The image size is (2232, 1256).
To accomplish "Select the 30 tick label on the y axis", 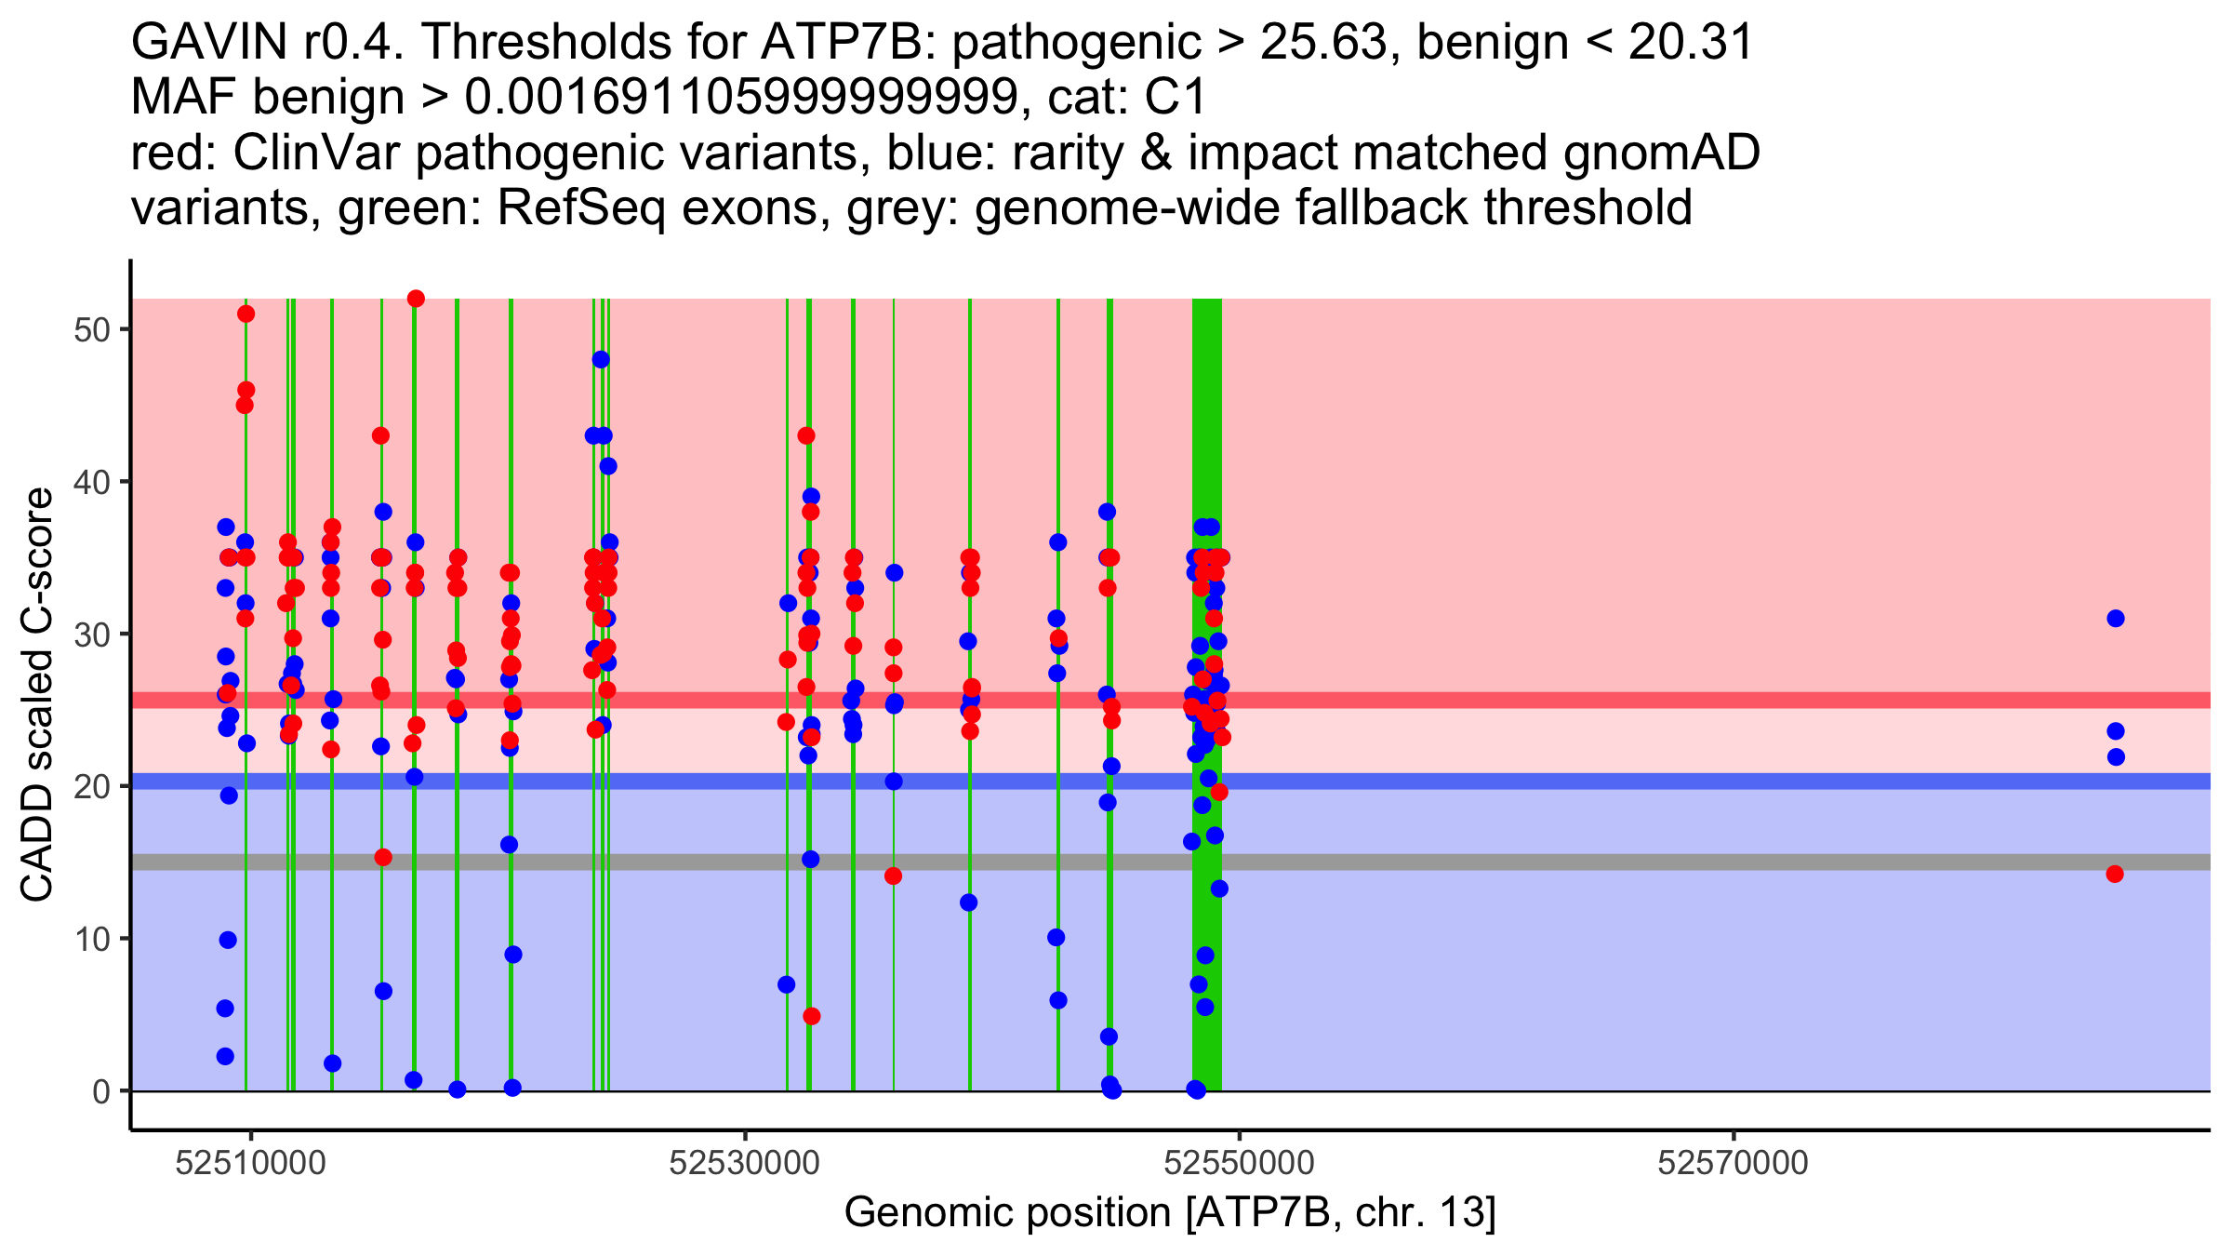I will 91,635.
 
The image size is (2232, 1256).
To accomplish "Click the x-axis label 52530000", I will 744,1163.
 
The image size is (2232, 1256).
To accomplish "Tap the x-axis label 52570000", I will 1733,1163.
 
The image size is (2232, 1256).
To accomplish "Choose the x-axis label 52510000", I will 250,1163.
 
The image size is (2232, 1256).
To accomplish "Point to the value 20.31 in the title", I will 1691,42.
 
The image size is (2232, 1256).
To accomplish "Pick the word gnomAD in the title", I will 1661,154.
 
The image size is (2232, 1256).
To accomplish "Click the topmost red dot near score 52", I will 416,299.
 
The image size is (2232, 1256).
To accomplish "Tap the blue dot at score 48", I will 601,360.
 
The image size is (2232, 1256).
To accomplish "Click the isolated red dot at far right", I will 2115,874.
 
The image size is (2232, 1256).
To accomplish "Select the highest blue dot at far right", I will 2116,619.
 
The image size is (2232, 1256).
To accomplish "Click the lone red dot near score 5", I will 811,1016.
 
